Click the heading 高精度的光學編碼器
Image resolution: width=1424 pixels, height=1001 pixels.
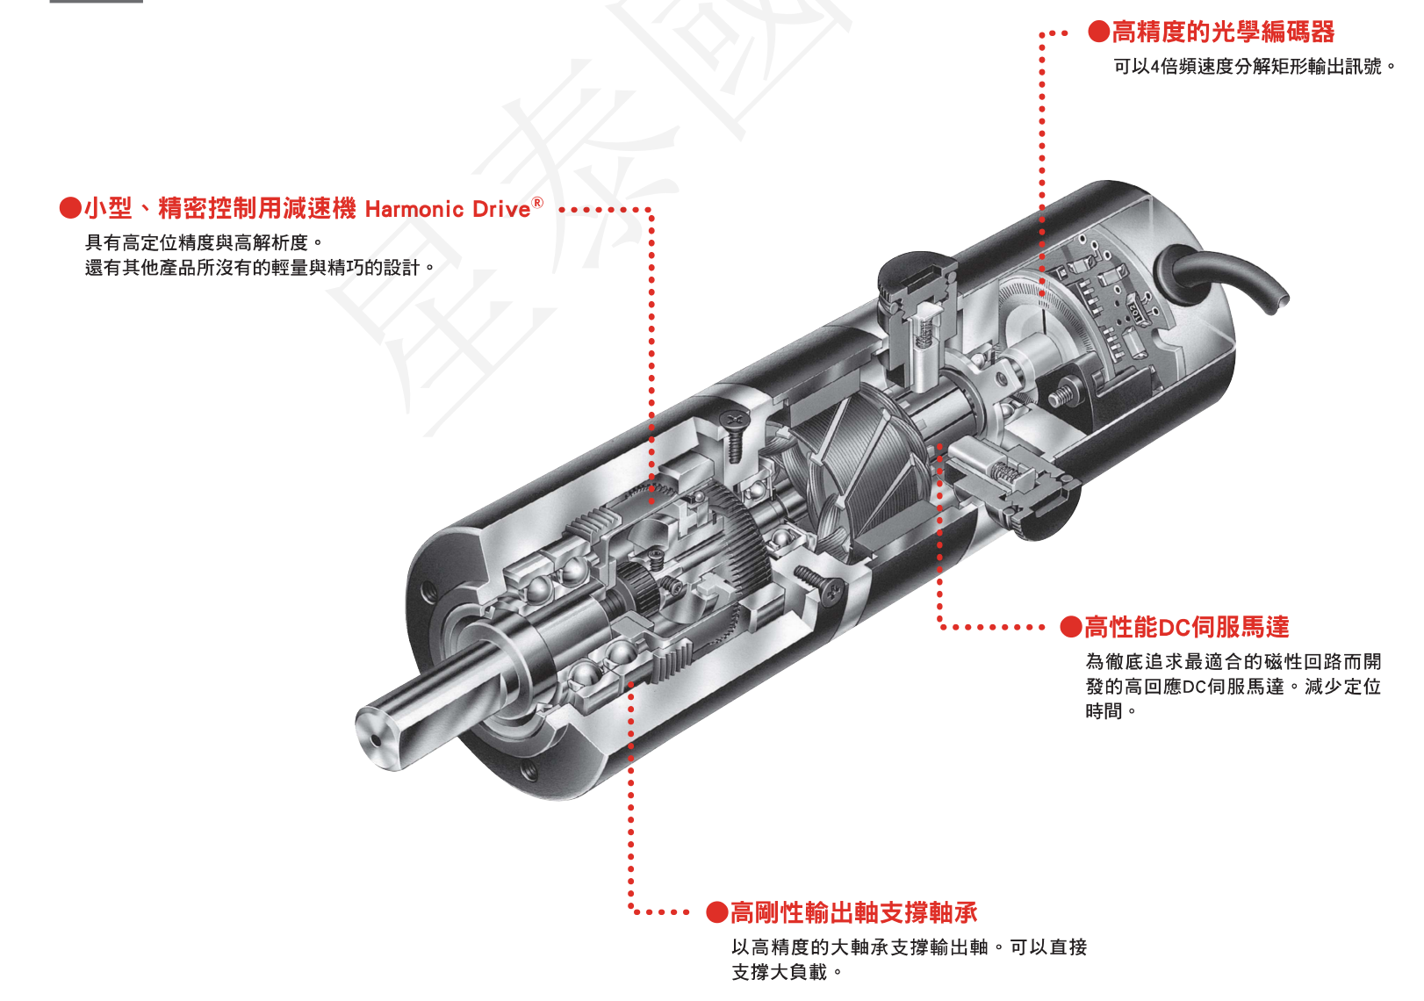(1222, 32)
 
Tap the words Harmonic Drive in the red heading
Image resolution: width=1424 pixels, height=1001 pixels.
(448, 209)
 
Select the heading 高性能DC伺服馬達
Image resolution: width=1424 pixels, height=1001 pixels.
(1186, 627)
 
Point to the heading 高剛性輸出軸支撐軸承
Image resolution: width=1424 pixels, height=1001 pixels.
(853, 913)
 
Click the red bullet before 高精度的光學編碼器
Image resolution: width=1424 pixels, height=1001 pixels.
(1098, 32)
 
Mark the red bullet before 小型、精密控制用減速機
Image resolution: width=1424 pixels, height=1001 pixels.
(70, 208)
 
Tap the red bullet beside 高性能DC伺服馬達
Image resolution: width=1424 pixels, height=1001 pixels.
(1070, 627)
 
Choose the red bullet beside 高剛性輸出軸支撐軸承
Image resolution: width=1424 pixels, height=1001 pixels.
(717, 913)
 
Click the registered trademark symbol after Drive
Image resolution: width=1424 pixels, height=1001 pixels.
(537, 203)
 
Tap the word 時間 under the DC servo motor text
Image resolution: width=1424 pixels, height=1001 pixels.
(1104, 711)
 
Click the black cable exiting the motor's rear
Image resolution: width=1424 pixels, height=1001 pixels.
(1229, 272)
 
